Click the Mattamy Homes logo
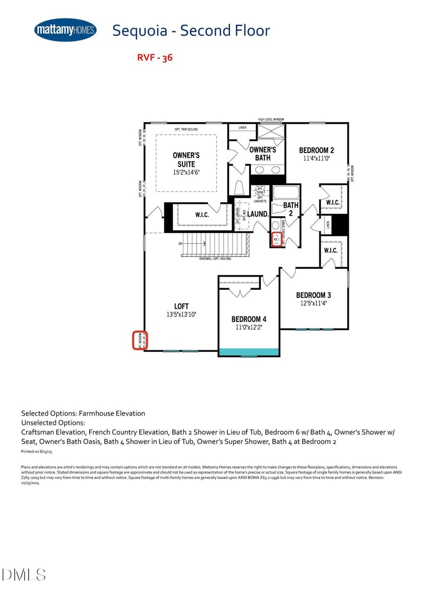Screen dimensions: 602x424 point(65,30)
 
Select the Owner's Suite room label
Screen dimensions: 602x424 point(186,160)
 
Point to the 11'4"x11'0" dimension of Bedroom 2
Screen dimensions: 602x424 point(316,158)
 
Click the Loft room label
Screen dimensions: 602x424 point(181,306)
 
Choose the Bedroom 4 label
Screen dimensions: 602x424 point(249,319)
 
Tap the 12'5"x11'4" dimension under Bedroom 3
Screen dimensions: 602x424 point(314,303)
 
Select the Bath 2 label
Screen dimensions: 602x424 point(290,209)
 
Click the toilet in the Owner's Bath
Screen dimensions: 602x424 point(239,188)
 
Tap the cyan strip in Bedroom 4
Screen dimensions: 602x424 point(249,351)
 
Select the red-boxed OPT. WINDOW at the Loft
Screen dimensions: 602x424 point(140,340)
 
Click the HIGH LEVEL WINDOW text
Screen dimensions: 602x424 point(271,119)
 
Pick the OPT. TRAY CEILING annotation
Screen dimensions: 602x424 point(186,130)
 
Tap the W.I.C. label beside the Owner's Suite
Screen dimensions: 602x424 point(202,215)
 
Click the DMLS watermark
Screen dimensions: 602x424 point(24,574)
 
